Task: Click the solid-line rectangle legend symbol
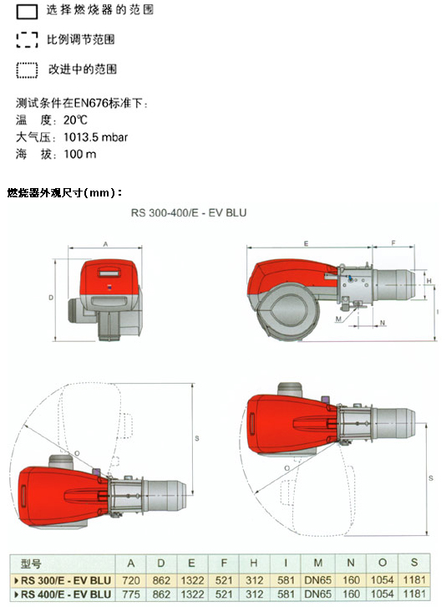pyautogui.click(x=27, y=12)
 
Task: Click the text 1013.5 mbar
pyautogui.click(x=95, y=137)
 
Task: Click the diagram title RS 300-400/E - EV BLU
pyautogui.click(x=189, y=213)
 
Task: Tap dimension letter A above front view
pyautogui.click(x=105, y=244)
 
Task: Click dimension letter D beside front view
pyautogui.click(x=51, y=298)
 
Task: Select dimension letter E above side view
pyautogui.click(x=306, y=243)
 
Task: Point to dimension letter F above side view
pyautogui.click(x=393, y=243)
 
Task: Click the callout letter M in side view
pyautogui.click(x=338, y=319)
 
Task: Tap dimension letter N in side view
pyautogui.click(x=383, y=323)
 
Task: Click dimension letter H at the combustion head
pyautogui.click(x=428, y=281)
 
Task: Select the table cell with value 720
pyautogui.click(x=131, y=580)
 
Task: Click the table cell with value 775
pyautogui.click(x=131, y=594)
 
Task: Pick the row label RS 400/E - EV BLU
pyautogui.click(x=66, y=594)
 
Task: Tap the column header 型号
pyautogui.click(x=31, y=564)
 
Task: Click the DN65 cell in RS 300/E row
pyautogui.click(x=318, y=580)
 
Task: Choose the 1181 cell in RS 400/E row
pyautogui.click(x=414, y=594)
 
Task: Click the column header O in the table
pyautogui.click(x=383, y=563)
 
